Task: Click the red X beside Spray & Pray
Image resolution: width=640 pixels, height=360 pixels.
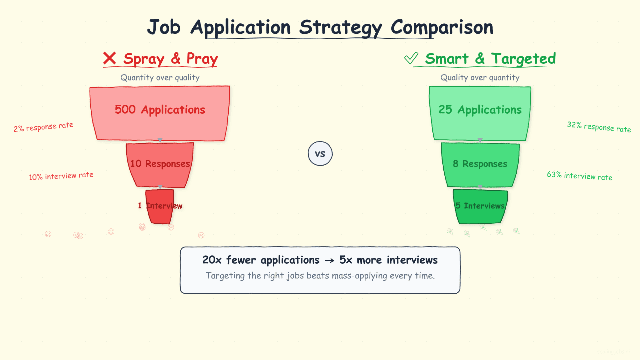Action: click(x=109, y=58)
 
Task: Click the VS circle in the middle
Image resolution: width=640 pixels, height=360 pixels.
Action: click(x=320, y=154)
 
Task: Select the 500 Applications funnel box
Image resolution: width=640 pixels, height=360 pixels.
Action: click(x=160, y=113)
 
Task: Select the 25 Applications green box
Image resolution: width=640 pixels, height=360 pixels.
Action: click(x=480, y=113)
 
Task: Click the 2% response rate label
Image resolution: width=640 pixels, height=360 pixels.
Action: click(x=43, y=127)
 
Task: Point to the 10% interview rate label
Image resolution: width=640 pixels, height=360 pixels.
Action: click(x=61, y=176)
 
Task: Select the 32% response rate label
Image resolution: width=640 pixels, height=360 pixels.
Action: click(x=599, y=127)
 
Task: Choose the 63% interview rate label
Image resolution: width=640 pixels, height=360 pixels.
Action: click(x=579, y=176)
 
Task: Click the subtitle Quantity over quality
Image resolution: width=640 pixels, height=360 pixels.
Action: click(x=160, y=78)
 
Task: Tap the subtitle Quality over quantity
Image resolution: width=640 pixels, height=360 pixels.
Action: click(x=480, y=78)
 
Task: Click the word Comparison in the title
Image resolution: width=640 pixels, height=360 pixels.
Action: click(x=442, y=27)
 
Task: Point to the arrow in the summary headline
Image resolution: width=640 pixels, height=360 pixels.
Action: click(x=329, y=261)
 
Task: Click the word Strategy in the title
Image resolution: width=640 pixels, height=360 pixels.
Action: click(x=340, y=27)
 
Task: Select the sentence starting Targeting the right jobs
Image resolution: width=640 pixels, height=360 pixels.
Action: click(x=320, y=276)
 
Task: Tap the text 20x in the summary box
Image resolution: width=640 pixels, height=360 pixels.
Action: click(x=212, y=260)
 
